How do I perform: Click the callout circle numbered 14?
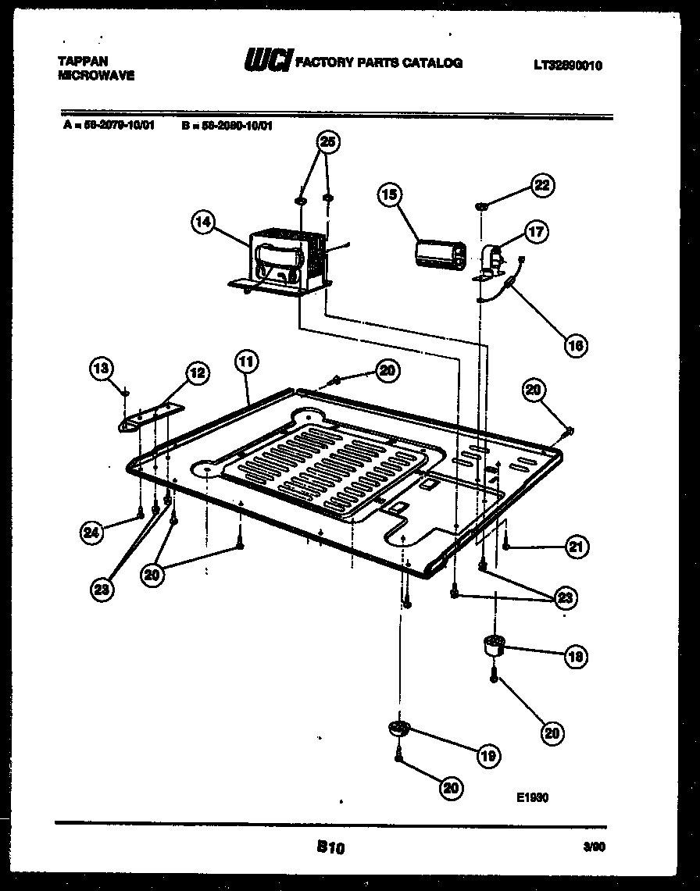202,223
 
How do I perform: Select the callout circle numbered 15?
390,194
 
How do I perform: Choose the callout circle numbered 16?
576,344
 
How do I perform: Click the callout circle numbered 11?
246,362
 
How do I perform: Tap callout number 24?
92,533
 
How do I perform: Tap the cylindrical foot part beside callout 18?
492,646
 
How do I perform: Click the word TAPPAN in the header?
83,60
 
